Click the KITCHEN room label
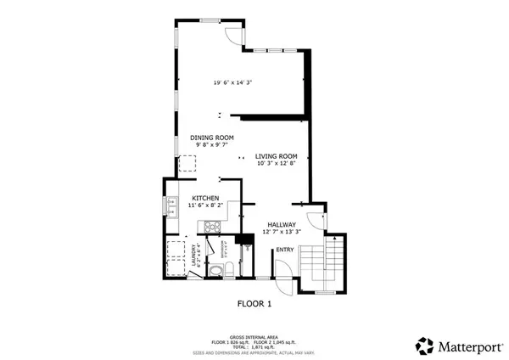point(193,197)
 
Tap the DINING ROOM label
point(212,138)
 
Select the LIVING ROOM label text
point(277,155)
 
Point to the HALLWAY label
point(282,224)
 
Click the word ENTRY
point(284,250)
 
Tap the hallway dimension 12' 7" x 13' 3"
point(282,233)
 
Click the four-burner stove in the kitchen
point(211,226)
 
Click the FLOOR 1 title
point(254,303)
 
